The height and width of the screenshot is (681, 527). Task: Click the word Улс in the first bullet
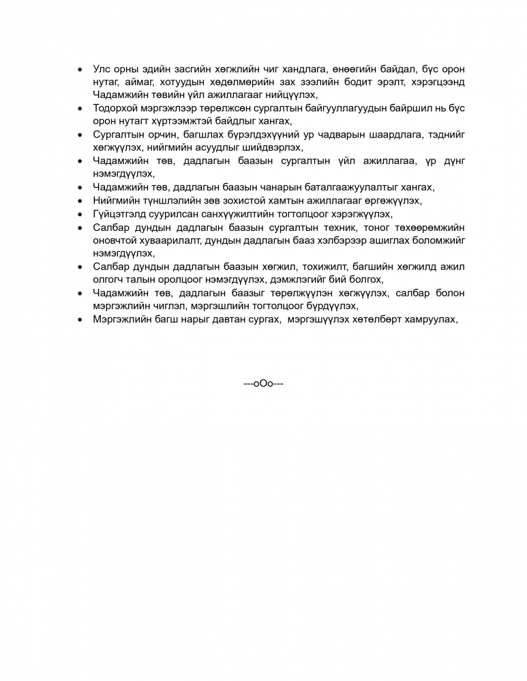click(x=102, y=70)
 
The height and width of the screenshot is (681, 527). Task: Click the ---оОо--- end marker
click(x=263, y=383)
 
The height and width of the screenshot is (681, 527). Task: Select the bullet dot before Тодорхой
click(x=80, y=108)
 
